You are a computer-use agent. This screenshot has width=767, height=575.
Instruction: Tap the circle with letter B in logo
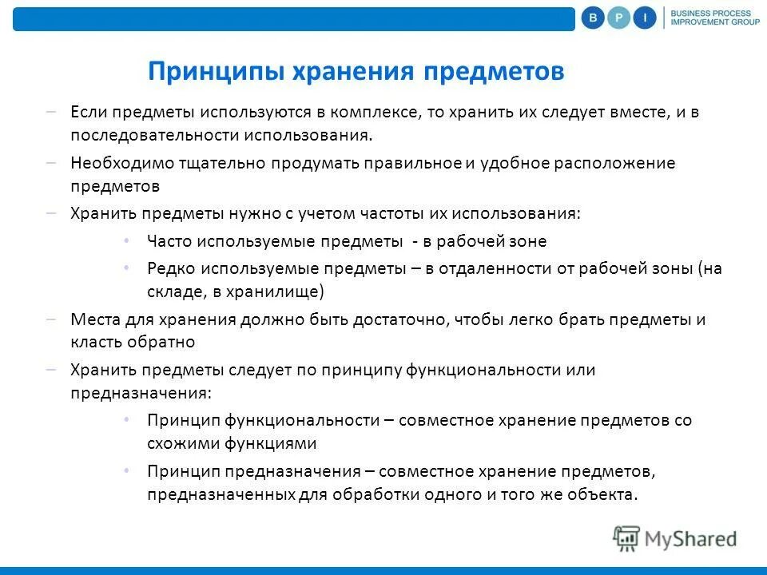tap(593, 18)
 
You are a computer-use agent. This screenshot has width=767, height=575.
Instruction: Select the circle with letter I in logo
tap(645, 18)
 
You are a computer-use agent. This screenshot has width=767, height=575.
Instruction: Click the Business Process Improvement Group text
tap(710, 18)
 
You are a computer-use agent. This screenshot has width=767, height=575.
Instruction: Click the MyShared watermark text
tap(691, 539)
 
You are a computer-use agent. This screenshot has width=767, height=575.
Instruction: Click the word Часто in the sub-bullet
tap(168, 240)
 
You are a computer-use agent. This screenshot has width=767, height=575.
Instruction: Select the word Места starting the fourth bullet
tap(93, 319)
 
